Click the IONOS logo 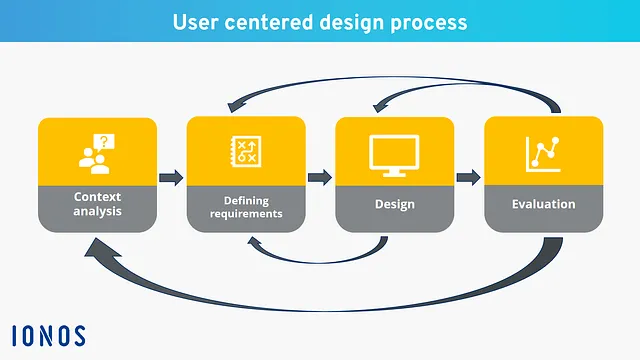pyautogui.click(x=48, y=335)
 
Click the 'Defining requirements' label pyautogui.click(x=246, y=206)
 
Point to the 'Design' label pyautogui.click(x=394, y=205)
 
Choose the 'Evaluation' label pyautogui.click(x=543, y=204)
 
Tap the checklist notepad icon pyautogui.click(x=245, y=151)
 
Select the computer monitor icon pyautogui.click(x=394, y=153)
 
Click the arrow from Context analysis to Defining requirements pyautogui.click(x=171, y=178)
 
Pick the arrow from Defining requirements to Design pyautogui.click(x=319, y=178)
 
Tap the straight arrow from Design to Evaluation pyautogui.click(x=468, y=178)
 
